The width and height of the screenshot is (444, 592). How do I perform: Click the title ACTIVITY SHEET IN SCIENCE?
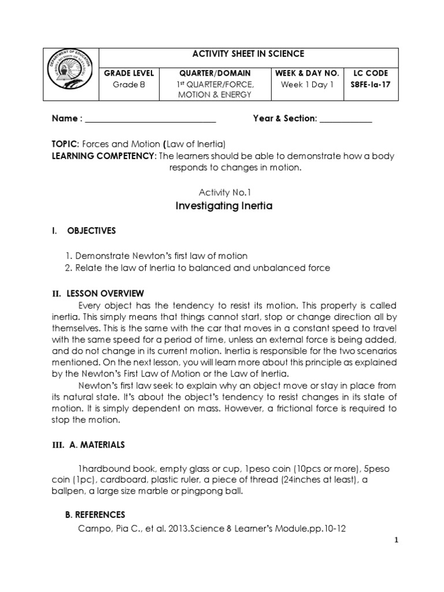pyautogui.click(x=248, y=54)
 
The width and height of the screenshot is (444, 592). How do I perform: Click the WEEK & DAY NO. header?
pyautogui.click(x=307, y=73)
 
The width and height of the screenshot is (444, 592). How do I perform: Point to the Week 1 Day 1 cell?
pyautogui.click(x=307, y=84)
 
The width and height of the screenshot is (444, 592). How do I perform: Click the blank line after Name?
pyautogui.click(x=150, y=119)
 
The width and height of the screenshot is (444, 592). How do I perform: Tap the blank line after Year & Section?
pyautogui.click(x=346, y=119)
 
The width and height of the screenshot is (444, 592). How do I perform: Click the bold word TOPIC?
pyautogui.click(x=64, y=143)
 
